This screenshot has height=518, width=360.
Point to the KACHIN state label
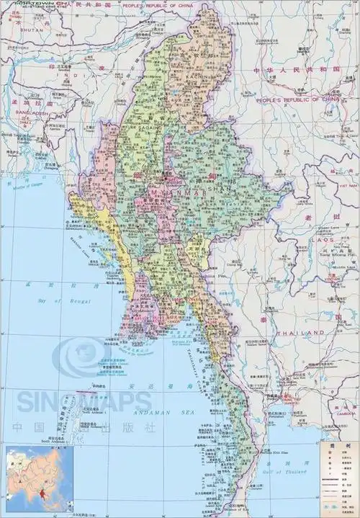195,76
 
